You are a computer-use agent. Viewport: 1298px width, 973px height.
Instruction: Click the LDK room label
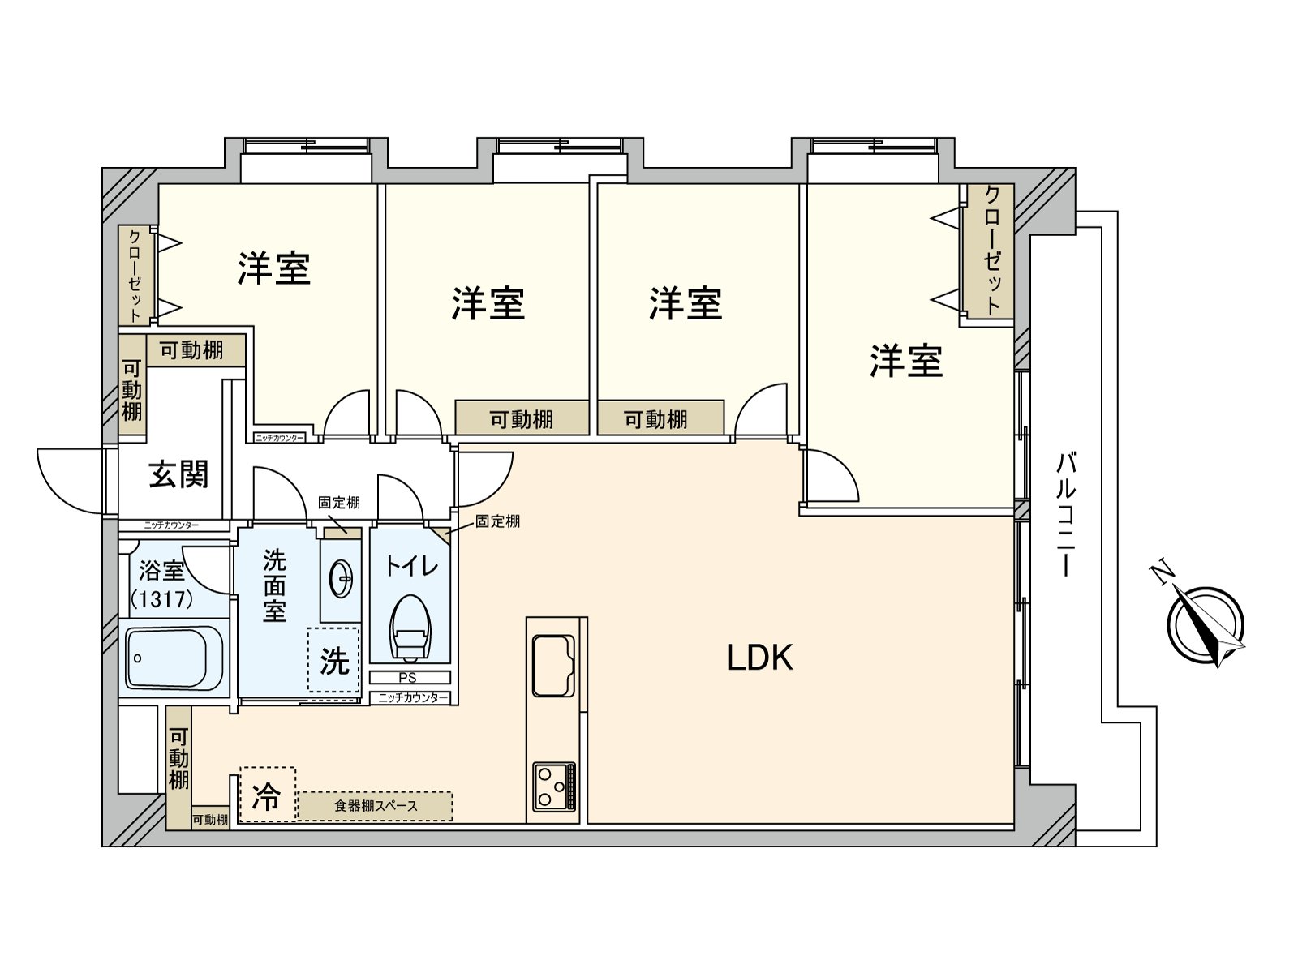759,658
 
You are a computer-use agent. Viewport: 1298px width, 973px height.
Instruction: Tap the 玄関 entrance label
178,474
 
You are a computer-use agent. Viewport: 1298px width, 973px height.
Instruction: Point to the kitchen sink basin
553,666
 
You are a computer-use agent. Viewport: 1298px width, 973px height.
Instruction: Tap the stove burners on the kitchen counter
554,787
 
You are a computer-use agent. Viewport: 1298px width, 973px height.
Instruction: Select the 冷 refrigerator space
267,795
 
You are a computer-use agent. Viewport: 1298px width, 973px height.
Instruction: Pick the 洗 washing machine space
333,661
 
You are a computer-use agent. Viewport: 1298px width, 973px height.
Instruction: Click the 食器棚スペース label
376,806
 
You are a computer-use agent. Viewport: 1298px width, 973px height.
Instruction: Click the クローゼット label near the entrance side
135,276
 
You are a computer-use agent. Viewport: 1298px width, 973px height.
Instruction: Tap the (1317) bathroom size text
162,599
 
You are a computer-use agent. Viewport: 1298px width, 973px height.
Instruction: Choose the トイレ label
411,565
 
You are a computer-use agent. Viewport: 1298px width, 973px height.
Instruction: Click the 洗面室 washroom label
274,585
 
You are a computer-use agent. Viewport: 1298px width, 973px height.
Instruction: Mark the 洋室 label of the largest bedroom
906,361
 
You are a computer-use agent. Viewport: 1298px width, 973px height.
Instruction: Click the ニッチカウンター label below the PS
413,697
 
